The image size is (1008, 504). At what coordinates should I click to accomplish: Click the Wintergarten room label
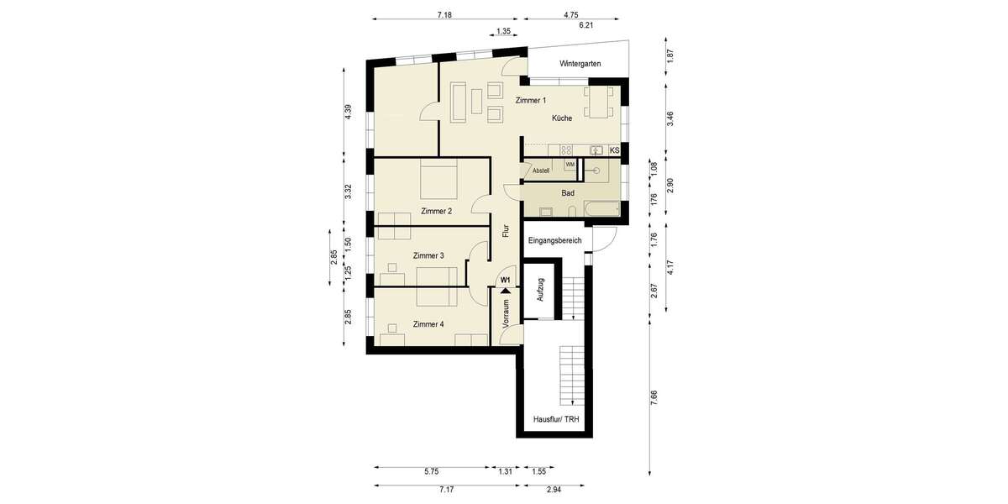click(580, 64)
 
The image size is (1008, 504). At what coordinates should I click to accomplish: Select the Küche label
click(562, 118)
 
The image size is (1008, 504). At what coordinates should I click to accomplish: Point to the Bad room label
click(568, 192)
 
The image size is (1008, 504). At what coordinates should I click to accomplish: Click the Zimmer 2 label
click(437, 211)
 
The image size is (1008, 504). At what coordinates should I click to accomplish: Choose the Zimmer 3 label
click(428, 255)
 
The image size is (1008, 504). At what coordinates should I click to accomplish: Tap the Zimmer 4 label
click(428, 323)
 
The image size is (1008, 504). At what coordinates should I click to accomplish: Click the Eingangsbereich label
click(555, 241)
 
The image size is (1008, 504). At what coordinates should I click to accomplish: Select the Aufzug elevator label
click(541, 291)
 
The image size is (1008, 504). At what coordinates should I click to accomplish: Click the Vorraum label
click(506, 312)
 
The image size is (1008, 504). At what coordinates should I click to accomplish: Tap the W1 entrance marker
click(506, 279)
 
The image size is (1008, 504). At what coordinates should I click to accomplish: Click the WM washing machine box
click(570, 165)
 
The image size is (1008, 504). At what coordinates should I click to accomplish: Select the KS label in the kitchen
click(614, 150)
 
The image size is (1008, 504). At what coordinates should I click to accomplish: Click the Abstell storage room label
click(541, 171)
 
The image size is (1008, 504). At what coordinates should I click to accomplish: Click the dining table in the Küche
click(601, 102)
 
